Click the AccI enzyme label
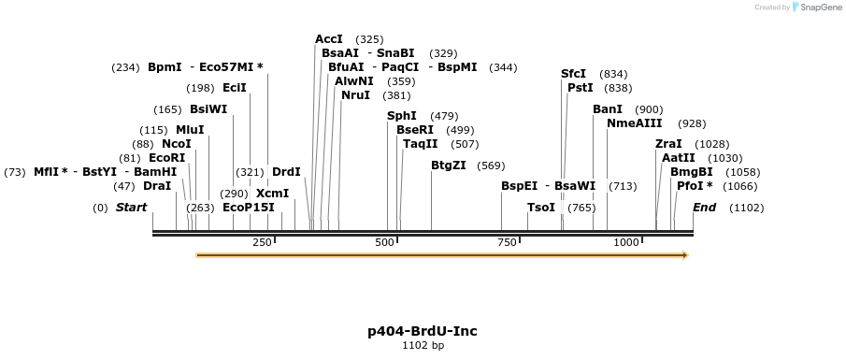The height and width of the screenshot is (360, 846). pyautogui.click(x=329, y=39)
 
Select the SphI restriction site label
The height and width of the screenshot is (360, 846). pyautogui.click(x=402, y=116)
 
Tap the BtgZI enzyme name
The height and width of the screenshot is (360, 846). pyautogui.click(x=449, y=166)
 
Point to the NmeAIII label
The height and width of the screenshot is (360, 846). pyautogui.click(x=634, y=123)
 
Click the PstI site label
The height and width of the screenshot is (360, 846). pyautogui.click(x=581, y=88)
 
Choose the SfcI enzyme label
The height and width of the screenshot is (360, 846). pyautogui.click(x=573, y=74)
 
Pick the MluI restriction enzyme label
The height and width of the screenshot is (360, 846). pyautogui.click(x=190, y=130)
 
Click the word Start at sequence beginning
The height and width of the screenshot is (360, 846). pyautogui.click(x=131, y=208)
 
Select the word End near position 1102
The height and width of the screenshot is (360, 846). pyautogui.click(x=704, y=208)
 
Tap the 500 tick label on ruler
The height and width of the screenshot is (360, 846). pyautogui.click(x=385, y=243)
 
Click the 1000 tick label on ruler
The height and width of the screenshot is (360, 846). pyautogui.click(x=625, y=243)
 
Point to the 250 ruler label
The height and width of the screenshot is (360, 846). pyautogui.click(x=262, y=243)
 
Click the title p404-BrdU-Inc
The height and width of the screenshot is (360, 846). pyautogui.click(x=423, y=331)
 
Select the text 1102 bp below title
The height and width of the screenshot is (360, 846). pyautogui.click(x=423, y=346)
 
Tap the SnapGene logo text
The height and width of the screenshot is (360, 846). pyautogui.click(x=819, y=7)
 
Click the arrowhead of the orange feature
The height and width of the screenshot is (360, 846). pyautogui.click(x=684, y=255)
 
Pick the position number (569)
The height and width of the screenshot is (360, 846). pyautogui.click(x=491, y=166)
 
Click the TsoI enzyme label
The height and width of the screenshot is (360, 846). pyautogui.click(x=541, y=208)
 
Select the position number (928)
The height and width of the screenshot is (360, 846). pyautogui.click(x=692, y=123)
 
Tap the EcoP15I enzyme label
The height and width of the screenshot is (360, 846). pyautogui.click(x=249, y=208)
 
